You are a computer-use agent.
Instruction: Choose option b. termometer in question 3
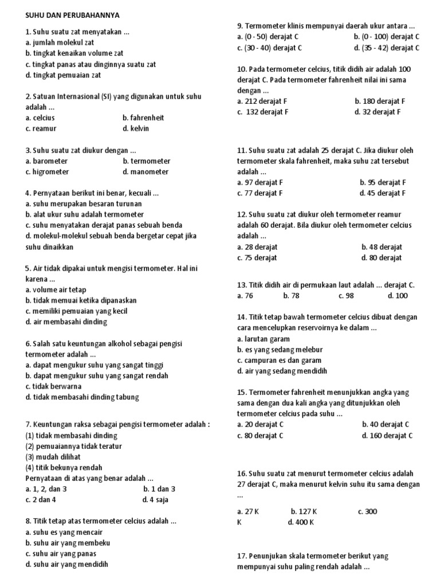point(146,161)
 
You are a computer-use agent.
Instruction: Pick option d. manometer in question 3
point(146,172)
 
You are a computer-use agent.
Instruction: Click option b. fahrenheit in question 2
point(143,118)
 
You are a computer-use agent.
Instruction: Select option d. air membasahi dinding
point(66,322)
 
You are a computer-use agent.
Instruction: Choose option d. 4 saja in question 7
point(155,499)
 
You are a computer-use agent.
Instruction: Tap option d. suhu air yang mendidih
point(67,564)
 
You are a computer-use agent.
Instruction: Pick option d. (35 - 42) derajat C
point(387,48)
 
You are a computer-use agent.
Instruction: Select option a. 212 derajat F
point(262,101)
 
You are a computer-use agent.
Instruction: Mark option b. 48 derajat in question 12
point(382,247)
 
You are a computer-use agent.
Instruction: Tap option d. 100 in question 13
point(398,296)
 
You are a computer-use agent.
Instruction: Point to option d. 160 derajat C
point(387,435)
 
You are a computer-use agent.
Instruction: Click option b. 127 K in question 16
point(304,511)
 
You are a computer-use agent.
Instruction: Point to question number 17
point(242,556)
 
